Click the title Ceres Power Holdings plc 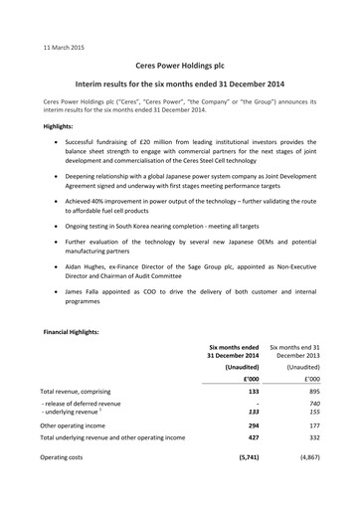[180, 62]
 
